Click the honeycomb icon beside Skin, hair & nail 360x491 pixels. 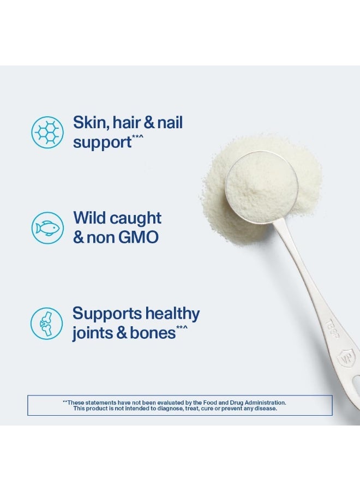(47, 131)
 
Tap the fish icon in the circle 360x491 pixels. (47, 227)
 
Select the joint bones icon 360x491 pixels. (47, 323)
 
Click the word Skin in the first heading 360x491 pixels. (88, 123)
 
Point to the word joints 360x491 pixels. (92, 333)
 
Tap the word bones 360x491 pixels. (152, 333)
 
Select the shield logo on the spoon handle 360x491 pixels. (346, 358)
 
